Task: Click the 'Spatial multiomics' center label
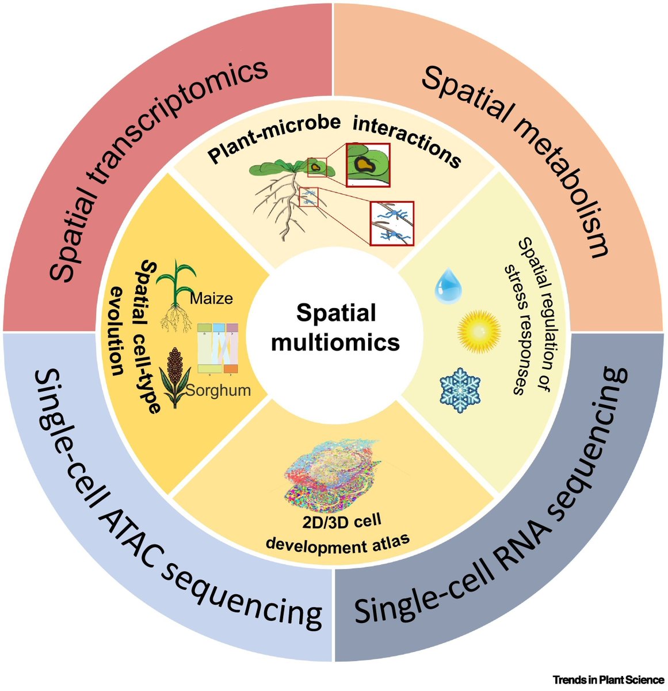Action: pos(335,328)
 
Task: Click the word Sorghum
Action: pos(219,390)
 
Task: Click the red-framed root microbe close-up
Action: pos(392,222)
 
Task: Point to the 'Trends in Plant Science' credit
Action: pos(608,680)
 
